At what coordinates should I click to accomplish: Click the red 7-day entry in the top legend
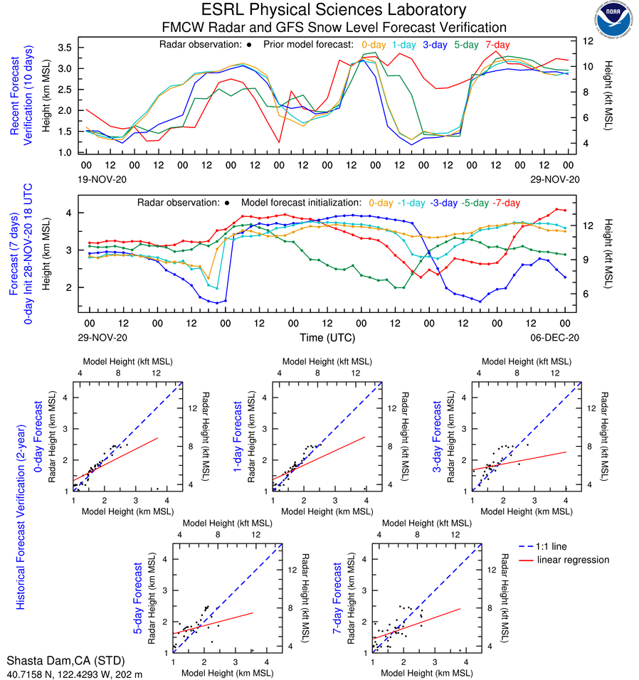tap(497, 45)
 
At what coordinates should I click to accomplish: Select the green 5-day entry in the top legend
tap(466, 45)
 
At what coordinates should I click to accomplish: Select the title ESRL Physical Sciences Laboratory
tap(334, 10)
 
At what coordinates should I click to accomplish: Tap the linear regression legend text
tap(574, 560)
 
